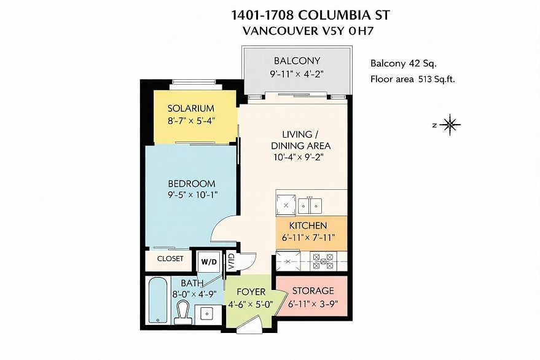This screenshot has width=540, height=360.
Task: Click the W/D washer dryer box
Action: [209, 262]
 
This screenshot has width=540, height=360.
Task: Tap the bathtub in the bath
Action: [158, 300]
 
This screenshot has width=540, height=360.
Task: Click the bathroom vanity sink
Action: [206, 314]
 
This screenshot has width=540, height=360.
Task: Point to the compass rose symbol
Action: [450, 125]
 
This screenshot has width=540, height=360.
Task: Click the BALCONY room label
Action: [297, 61]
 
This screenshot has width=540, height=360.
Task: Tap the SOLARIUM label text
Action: [191, 109]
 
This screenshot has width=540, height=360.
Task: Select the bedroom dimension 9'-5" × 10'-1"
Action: [192, 195]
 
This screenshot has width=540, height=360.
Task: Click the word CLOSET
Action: [170, 259]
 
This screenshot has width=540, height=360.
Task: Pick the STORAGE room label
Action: [313, 291]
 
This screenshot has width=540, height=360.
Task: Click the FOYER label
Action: [251, 292]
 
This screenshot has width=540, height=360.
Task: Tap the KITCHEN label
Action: [308, 225]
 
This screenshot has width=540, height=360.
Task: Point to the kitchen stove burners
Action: [323, 262]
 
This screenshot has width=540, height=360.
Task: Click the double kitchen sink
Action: [310, 206]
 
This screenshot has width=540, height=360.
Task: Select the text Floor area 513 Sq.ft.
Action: [413, 79]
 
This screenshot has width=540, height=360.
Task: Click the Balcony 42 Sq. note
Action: [403, 63]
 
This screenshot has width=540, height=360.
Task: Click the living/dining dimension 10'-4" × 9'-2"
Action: [299, 157]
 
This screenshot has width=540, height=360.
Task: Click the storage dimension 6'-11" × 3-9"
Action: [313, 304]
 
